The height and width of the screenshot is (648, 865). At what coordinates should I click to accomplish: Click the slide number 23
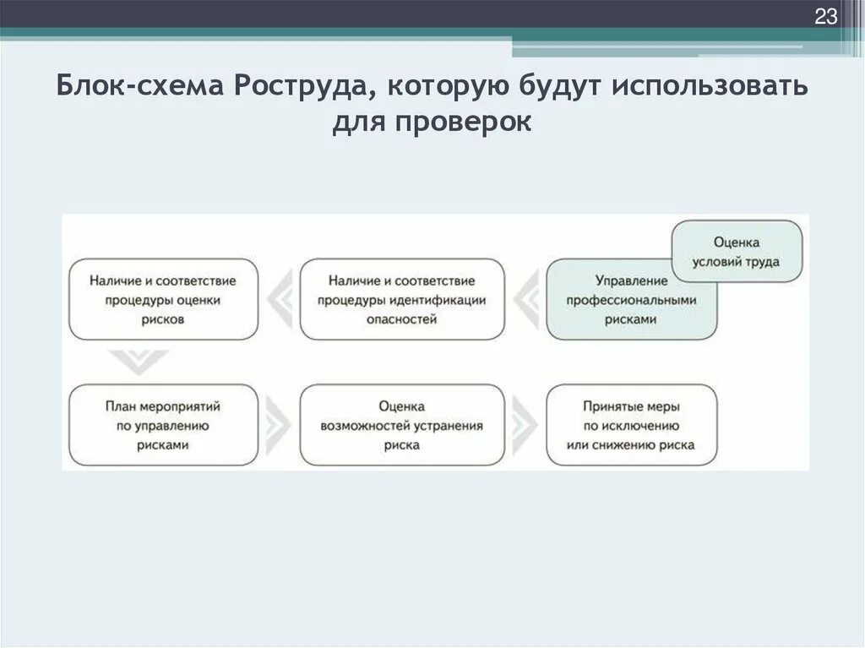(x=825, y=16)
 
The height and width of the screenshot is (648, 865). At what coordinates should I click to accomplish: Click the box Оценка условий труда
(x=736, y=252)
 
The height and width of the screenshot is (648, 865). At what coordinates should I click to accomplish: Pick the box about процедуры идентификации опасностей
(x=402, y=299)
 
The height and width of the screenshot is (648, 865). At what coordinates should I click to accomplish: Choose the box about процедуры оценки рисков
(x=163, y=299)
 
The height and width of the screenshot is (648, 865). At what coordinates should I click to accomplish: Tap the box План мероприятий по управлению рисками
(x=163, y=425)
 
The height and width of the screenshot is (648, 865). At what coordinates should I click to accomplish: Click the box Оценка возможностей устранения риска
(x=402, y=425)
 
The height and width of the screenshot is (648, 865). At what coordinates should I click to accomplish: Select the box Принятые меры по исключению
(x=632, y=425)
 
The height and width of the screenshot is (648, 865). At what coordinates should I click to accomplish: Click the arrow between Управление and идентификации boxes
(x=525, y=299)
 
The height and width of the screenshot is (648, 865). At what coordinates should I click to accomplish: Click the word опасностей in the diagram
(x=402, y=319)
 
